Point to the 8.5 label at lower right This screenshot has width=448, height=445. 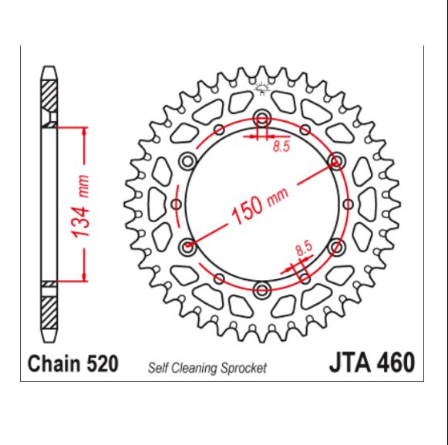[303, 248]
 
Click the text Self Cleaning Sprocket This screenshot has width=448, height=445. [207, 369]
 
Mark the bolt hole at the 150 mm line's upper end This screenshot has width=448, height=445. [336, 160]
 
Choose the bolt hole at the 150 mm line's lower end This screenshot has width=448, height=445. [187, 246]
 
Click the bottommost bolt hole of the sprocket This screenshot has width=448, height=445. [262, 289]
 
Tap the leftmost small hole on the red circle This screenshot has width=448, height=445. [176, 204]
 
